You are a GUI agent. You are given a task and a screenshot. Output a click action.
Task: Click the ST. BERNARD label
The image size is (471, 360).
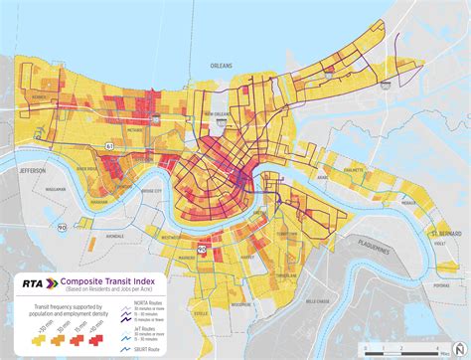[x=448, y=234]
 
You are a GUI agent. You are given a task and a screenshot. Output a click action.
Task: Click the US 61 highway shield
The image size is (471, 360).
[x=110, y=145]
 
